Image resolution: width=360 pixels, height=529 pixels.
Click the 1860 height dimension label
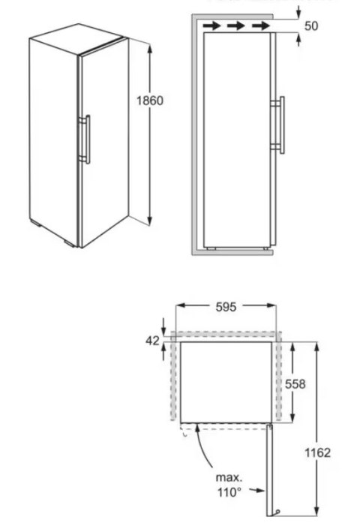coord(150,101)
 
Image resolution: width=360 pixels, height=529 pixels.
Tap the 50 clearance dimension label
coord(312,26)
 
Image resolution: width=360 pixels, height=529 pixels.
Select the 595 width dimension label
coord(226,306)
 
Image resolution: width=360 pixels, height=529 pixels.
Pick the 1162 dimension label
coord(318,452)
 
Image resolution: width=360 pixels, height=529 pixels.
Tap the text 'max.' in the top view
coord(229,477)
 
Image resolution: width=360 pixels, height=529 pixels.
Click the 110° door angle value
coord(229,492)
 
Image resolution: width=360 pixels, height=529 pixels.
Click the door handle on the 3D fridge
coord(87,138)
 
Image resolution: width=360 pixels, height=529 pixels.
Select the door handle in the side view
coord(281,125)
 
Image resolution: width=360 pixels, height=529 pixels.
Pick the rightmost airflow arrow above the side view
coord(260,26)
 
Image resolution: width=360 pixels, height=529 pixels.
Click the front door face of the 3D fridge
coord(103,143)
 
